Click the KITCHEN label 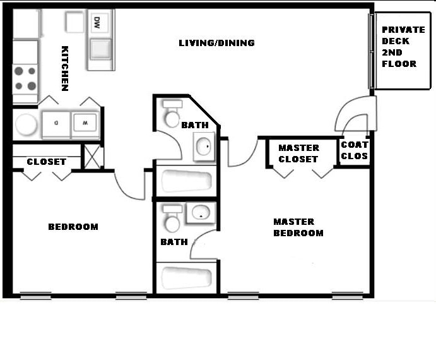(x=64, y=68)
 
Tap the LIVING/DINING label (x=216, y=43)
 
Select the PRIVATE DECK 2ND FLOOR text (x=403, y=47)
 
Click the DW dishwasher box (x=97, y=23)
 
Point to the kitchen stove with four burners (x=25, y=79)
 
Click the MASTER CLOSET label (x=298, y=153)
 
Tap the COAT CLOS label (x=354, y=150)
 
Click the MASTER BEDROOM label (x=298, y=227)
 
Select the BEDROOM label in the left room (x=73, y=227)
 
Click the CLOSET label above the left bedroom (x=46, y=162)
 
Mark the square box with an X (x=93, y=157)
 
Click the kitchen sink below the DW (x=101, y=49)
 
